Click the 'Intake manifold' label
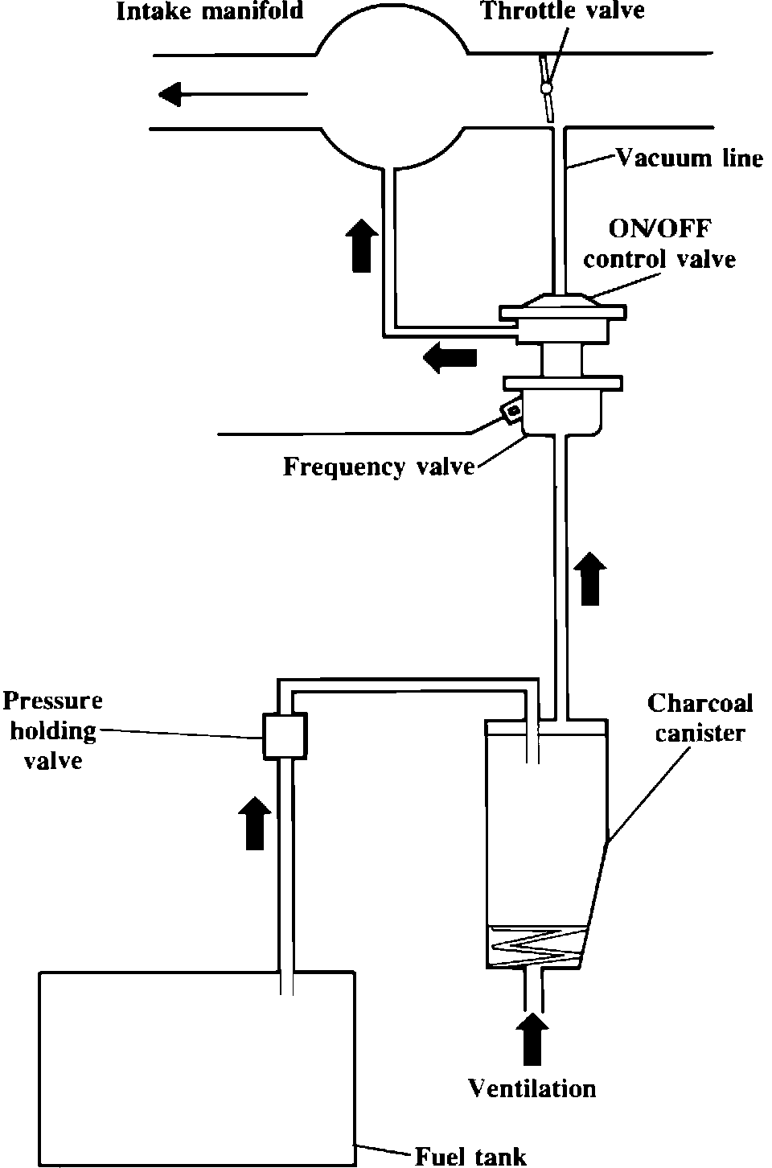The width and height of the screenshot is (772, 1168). pyautogui.click(x=210, y=11)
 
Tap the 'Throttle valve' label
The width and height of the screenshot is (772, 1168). pyautogui.click(x=562, y=10)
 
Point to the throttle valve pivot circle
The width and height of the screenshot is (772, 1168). pyautogui.click(x=548, y=87)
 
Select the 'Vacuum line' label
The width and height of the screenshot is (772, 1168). pyautogui.click(x=689, y=158)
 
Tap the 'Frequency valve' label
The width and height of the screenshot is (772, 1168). pyautogui.click(x=378, y=467)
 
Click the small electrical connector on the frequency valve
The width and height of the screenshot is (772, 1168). pyautogui.click(x=510, y=413)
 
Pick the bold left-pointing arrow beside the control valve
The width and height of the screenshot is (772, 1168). pyautogui.click(x=450, y=357)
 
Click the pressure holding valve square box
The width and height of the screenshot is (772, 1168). pyautogui.click(x=284, y=735)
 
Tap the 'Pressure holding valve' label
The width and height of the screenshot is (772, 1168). pyautogui.click(x=53, y=730)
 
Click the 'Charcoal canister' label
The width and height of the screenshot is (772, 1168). pyautogui.click(x=700, y=718)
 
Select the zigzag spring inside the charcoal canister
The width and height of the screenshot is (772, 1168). pyautogui.click(x=534, y=945)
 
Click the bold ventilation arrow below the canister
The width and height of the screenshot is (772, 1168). pyautogui.click(x=532, y=1037)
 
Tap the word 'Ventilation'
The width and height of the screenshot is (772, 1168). pyautogui.click(x=532, y=1089)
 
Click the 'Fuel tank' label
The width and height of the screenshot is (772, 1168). pyautogui.click(x=470, y=1156)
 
